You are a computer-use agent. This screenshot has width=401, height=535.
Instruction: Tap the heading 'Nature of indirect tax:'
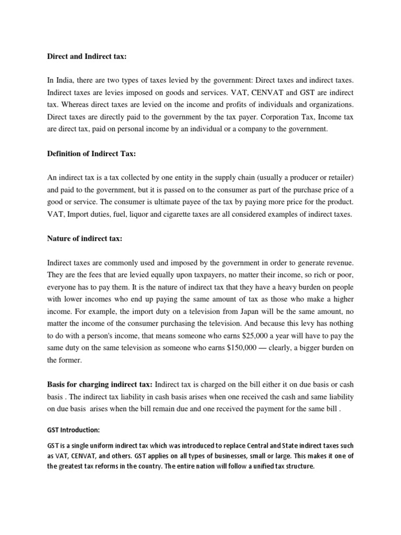(85, 238)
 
